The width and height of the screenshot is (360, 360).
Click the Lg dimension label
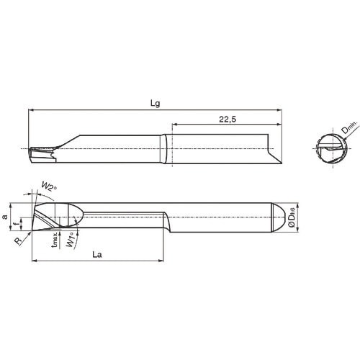[x=155, y=103]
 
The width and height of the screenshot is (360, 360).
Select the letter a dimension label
[x=6, y=216]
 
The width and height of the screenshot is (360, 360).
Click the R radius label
[x=17, y=243]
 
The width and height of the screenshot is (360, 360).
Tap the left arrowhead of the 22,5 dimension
[x=173, y=127]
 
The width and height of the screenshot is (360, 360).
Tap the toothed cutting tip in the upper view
[x=42, y=153]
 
